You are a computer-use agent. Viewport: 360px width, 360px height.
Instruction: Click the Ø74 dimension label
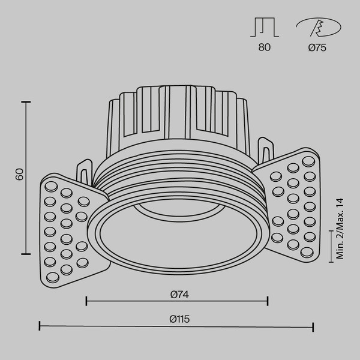176,294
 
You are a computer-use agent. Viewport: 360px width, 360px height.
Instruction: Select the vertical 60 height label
20,175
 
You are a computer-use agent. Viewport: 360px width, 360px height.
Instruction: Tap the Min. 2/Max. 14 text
341,229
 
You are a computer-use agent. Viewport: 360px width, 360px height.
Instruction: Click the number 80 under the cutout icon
265,48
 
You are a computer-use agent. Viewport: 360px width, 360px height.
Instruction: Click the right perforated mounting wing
292,201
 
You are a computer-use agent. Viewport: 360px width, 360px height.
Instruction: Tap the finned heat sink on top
176,114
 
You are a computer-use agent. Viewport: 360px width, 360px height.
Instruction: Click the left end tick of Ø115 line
40,326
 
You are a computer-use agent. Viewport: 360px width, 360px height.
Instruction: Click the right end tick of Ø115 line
313,326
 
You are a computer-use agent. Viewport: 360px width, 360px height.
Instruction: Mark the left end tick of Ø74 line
87,301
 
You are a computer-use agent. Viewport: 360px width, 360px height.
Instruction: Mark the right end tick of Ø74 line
268,301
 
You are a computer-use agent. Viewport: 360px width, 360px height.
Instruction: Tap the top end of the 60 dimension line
26,102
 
